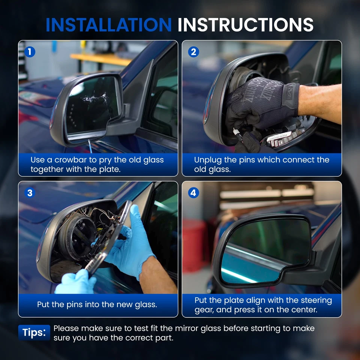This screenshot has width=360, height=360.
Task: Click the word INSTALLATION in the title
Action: tap(108, 25)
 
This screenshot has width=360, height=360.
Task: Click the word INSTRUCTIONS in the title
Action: tap(245, 25)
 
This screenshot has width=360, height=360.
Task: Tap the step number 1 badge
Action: tap(30, 52)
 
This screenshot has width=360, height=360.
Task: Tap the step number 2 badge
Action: tap(193, 52)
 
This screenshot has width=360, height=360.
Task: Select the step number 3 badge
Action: tap(30, 193)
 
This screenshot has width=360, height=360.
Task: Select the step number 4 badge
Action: tap(193, 193)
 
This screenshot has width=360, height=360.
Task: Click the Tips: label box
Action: tap(34, 333)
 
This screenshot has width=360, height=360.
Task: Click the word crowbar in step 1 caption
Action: tap(69, 160)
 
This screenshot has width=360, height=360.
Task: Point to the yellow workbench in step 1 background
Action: tap(101, 59)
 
